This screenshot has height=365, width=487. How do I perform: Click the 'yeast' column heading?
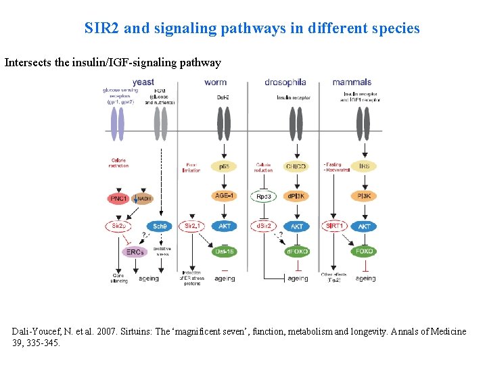(x=143, y=82)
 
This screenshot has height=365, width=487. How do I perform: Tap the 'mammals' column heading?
(x=352, y=82)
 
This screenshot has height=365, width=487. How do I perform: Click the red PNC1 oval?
(x=119, y=199)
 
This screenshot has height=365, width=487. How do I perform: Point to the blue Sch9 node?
(x=160, y=226)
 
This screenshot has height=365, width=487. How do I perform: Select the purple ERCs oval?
(x=135, y=251)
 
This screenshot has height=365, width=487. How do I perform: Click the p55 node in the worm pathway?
(x=224, y=166)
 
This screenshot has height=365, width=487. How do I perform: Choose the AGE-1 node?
(x=224, y=196)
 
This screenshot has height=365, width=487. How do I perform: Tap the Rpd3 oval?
(x=264, y=197)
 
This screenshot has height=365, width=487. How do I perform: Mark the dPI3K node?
(x=297, y=196)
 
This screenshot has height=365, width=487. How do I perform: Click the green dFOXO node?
(x=297, y=251)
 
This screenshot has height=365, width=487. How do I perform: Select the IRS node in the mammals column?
(x=365, y=166)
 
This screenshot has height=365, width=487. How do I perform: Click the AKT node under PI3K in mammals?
(x=365, y=226)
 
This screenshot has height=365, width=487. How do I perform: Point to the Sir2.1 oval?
(x=191, y=226)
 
